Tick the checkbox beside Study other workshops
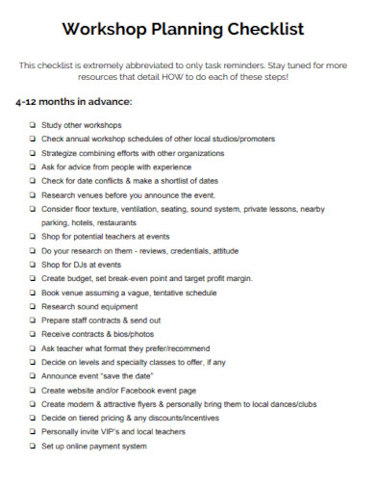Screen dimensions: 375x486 point(34,124)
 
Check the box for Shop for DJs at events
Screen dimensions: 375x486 point(34,264)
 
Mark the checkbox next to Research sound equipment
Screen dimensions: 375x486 point(34,307)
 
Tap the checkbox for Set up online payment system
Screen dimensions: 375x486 point(34,447)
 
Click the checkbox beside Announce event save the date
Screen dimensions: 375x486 point(34,376)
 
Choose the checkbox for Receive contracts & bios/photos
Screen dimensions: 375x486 point(34,335)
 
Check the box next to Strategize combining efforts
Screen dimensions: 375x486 point(34,152)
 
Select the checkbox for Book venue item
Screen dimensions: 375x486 point(34,293)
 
